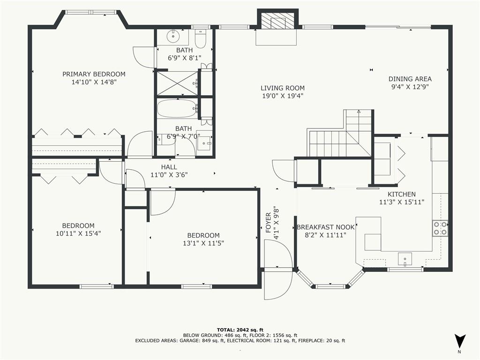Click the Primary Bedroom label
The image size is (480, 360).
pos(94,74)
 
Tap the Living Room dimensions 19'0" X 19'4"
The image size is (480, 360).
pos(283,96)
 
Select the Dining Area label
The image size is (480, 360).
pos(410,79)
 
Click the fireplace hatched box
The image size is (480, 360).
pos(273,22)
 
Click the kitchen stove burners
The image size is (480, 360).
pos(440,228)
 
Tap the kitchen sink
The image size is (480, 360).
pos(405,259)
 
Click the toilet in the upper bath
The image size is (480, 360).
pos(201,39)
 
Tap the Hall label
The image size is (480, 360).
pos(169,167)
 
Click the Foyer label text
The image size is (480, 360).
pos(268,223)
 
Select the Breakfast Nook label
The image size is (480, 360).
pos(325,227)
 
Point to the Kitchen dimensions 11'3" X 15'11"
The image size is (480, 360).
pos(402,202)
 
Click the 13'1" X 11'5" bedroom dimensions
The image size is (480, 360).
pos(203,243)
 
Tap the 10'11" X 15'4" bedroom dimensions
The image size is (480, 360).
pos(78,233)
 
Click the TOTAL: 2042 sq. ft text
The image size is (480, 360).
pos(240,330)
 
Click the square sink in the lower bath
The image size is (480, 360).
pos(203,142)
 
